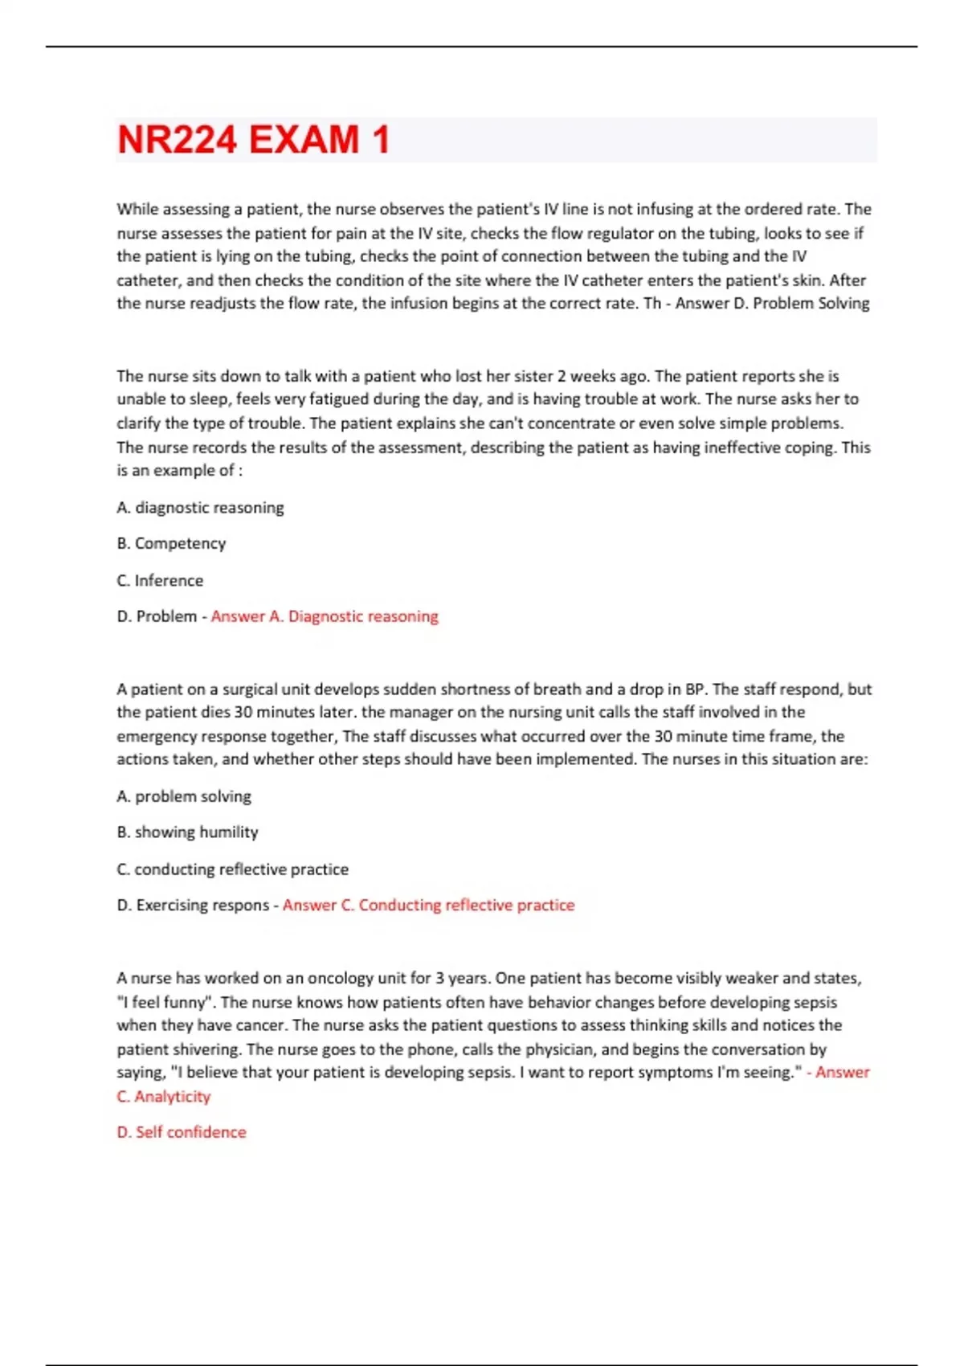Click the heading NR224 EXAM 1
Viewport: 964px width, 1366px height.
pos(253,140)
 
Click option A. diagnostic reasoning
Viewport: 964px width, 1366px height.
pos(200,508)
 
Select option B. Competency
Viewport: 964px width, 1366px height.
pos(171,544)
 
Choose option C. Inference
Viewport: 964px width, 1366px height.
pos(160,580)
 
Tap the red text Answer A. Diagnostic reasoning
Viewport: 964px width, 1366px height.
pos(325,616)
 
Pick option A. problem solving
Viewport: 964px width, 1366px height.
pos(184,796)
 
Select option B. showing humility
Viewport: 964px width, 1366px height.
pos(187,832)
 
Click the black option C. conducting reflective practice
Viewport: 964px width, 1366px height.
pos(232,869)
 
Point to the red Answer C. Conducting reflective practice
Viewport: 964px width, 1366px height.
pos(428,906)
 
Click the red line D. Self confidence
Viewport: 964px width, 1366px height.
pos(182,1132)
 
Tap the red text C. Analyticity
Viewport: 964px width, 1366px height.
pos(164,1097)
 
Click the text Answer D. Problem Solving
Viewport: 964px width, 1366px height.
pos(772,304)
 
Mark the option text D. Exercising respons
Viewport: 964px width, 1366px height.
pos(193,906)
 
